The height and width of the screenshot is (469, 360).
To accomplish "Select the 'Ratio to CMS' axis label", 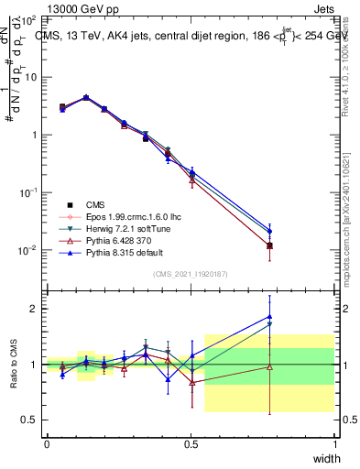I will pyautogui.click(x=13, y=365).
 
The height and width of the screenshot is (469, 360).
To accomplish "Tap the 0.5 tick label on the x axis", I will pyautogui.click(x=191, y=443).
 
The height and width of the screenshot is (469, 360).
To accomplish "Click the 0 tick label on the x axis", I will pyautogui.click(x=47, y=443).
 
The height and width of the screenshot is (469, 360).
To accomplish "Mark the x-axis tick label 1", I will pyautogui.click(x=334, y=443).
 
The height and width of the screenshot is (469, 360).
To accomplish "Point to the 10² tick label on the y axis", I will pyautogui.click(x=29, y=19).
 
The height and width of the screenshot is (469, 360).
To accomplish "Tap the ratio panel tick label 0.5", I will pyautogui.click(x=30, y=420).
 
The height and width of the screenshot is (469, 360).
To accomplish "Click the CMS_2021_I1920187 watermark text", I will pyautogui.click(x=191, y=274).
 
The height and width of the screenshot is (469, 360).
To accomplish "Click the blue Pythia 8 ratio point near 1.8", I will pyautogui.click(x=269, y=317).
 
